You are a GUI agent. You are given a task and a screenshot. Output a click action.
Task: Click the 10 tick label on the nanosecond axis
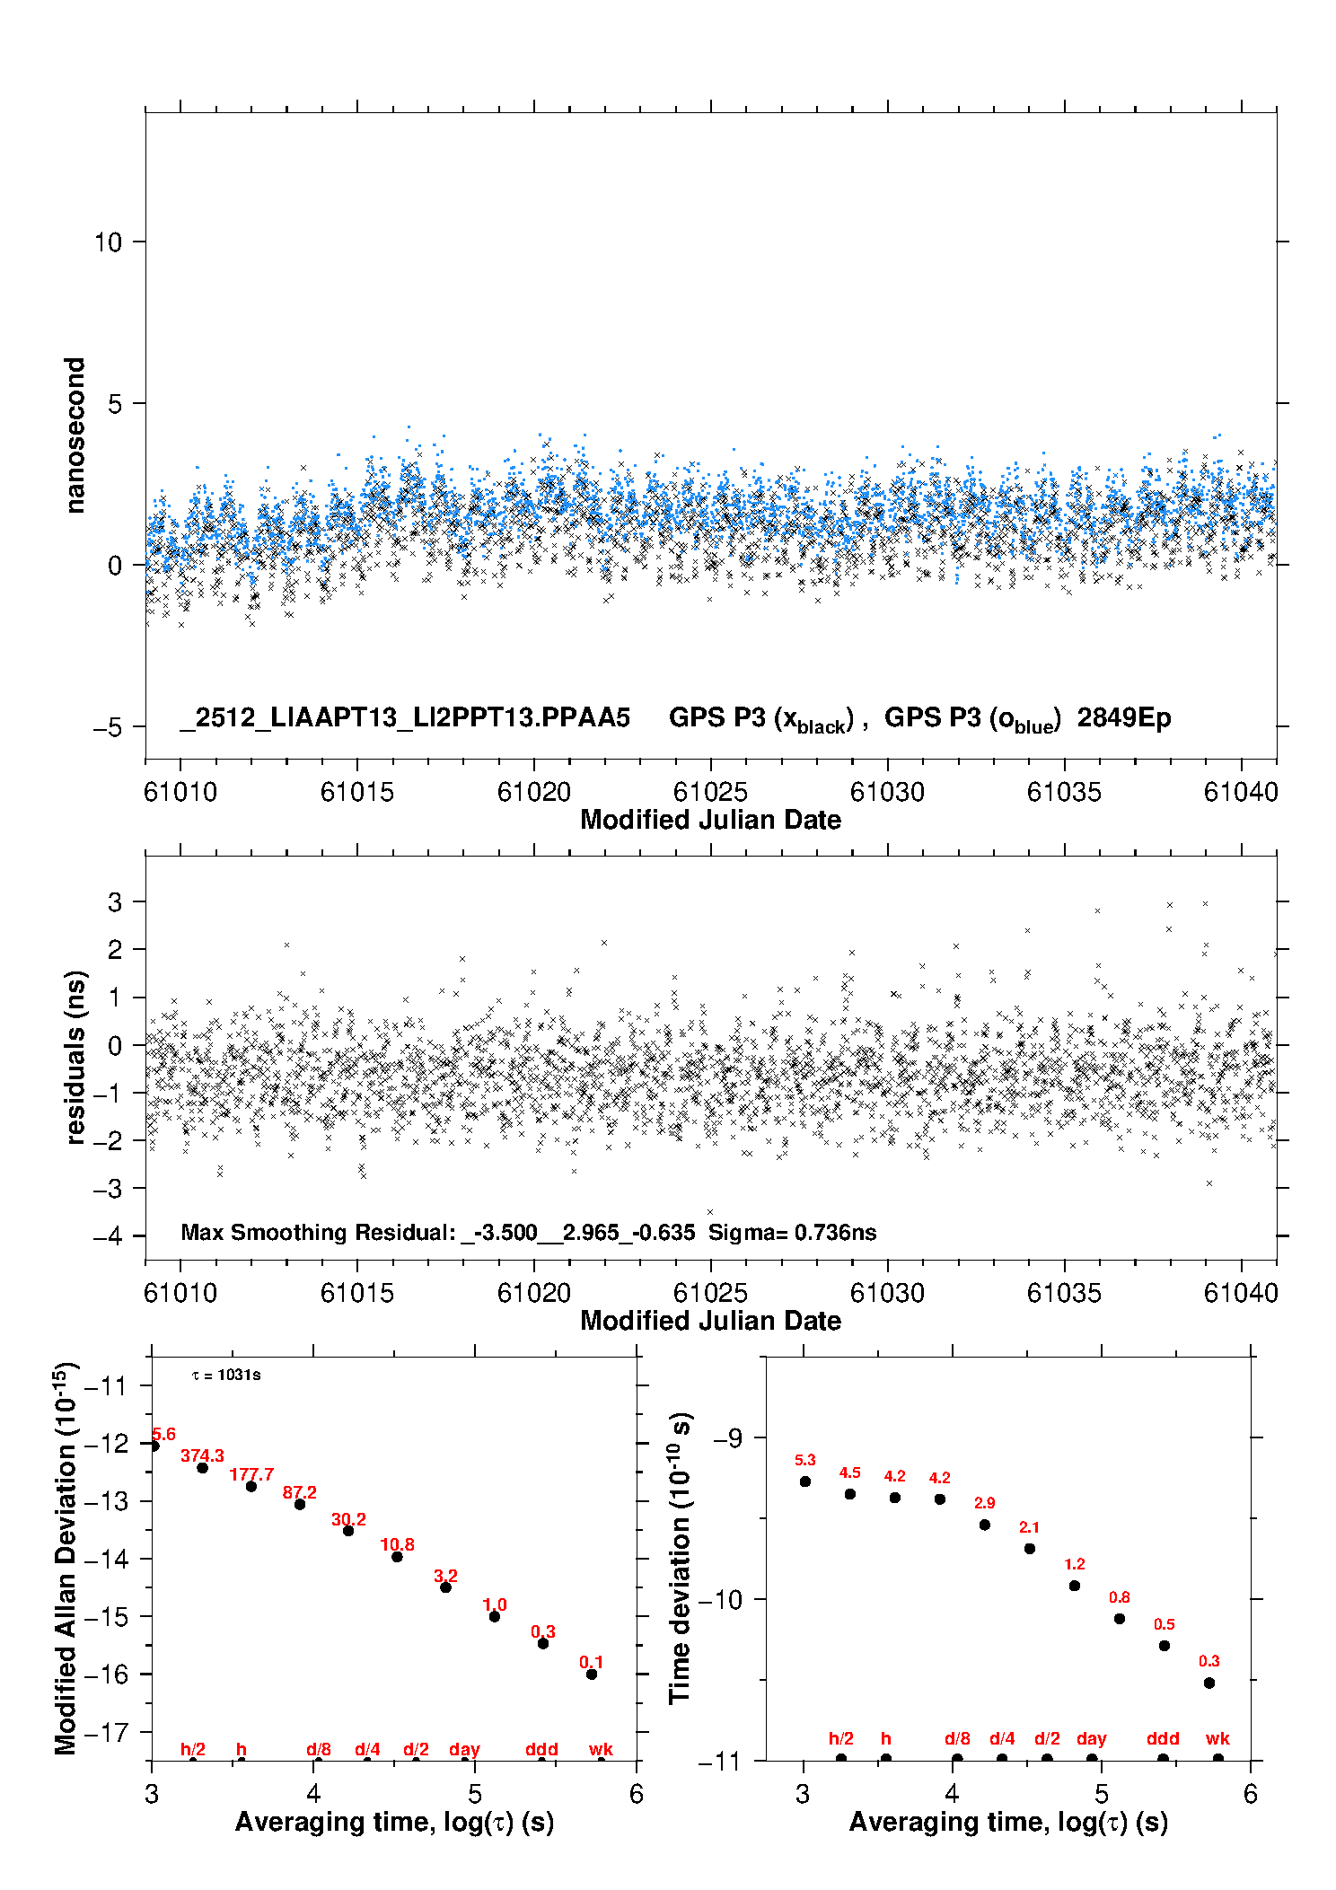coord(108,242)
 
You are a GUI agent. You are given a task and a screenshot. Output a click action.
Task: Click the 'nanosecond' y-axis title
coord(75,435)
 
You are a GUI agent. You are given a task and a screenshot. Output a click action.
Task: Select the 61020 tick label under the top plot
coord(533,792)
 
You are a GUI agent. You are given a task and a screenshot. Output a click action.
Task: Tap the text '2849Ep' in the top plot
coord(1124,717)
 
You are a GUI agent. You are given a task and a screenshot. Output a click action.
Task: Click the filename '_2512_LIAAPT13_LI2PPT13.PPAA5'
coord(405,717)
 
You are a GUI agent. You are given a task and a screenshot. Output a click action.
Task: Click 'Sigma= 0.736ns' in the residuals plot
coord(792,1232)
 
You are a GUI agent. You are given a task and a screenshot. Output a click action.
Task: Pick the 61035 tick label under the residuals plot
coord(1064,1293)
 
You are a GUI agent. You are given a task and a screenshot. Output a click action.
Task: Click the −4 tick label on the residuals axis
coord(108,1236)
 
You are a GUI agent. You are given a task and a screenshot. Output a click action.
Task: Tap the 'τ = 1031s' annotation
coord(226,1375)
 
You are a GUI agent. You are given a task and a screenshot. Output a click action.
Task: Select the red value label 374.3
coord(202,1455)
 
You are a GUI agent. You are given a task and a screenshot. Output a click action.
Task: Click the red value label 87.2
coord(299,1492)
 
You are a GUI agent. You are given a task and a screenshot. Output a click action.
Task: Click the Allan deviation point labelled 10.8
coord(397,1557)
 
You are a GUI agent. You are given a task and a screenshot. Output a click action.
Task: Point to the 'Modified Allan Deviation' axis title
coord(66,1558)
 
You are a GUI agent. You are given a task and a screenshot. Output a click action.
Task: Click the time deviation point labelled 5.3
coord(805,1481)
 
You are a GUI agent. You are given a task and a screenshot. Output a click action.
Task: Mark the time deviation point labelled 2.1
coord(1030,1549)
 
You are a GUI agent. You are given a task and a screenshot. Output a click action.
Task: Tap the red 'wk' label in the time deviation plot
coord(1217,1739)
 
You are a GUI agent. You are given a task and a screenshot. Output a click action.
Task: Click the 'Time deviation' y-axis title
coord(681,1557)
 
